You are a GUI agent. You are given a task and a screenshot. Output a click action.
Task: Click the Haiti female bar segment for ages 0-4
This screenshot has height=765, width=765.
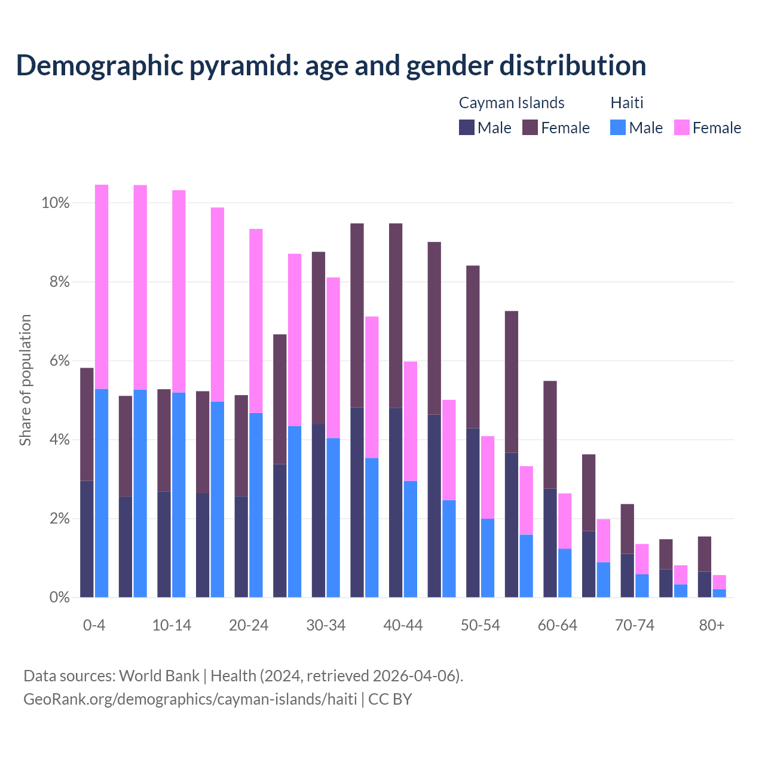pos(102,287)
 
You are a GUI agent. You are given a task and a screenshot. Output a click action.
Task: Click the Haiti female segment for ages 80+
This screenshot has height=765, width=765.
pos(720,582)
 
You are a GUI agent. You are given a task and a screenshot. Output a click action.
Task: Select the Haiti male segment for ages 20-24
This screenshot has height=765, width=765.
pos(256,505)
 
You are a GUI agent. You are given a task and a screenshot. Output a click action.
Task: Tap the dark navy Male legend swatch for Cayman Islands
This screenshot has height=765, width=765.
pos(467,127)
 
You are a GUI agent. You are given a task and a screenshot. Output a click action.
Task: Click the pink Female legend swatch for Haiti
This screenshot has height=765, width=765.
pos(682,127)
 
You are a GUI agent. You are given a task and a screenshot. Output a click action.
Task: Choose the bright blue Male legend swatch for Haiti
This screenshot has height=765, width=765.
pos(618,127)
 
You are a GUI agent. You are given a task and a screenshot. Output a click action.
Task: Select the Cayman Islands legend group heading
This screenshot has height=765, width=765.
pos(512,103)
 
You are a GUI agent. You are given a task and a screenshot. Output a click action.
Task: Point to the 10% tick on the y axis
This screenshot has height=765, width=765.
pos(56,203)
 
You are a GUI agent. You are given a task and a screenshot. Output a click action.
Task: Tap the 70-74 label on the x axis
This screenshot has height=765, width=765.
pos(635,625)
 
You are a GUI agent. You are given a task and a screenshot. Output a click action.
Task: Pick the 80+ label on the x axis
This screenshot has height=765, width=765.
pos(712,625)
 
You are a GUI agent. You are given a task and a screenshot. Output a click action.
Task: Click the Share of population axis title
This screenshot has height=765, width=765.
pos(25,380)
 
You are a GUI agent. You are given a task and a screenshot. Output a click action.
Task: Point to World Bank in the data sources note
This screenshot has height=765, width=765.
pos(159,676)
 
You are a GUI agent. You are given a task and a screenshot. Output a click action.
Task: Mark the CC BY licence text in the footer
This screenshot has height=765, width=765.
pos(390,699)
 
